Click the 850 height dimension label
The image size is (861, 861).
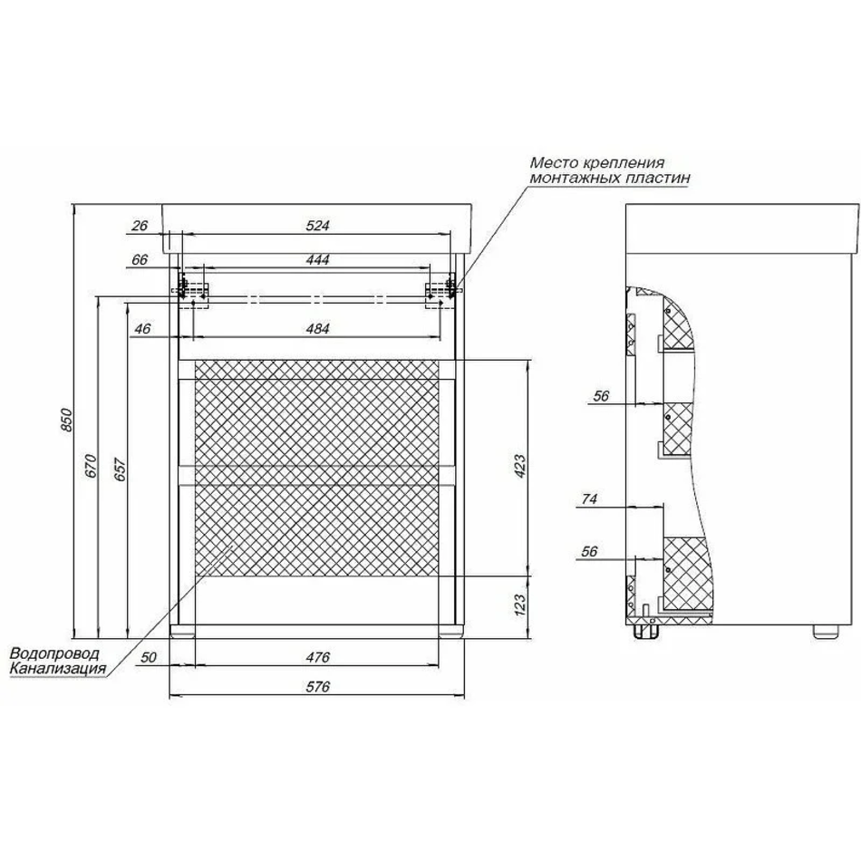tap(66, 420)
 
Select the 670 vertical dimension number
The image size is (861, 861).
tap(92, 466)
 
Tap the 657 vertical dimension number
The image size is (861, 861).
tap(121, 469)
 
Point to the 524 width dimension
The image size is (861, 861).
tap(317, 225)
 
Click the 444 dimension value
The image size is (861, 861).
tap(317, 259)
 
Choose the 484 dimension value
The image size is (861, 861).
tap(317, 328)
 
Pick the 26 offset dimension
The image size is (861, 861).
tap(140, 225)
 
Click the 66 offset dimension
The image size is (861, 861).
tap(140, 259)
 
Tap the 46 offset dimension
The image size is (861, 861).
tap(142, 328)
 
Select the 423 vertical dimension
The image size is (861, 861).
tap(520, 466)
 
